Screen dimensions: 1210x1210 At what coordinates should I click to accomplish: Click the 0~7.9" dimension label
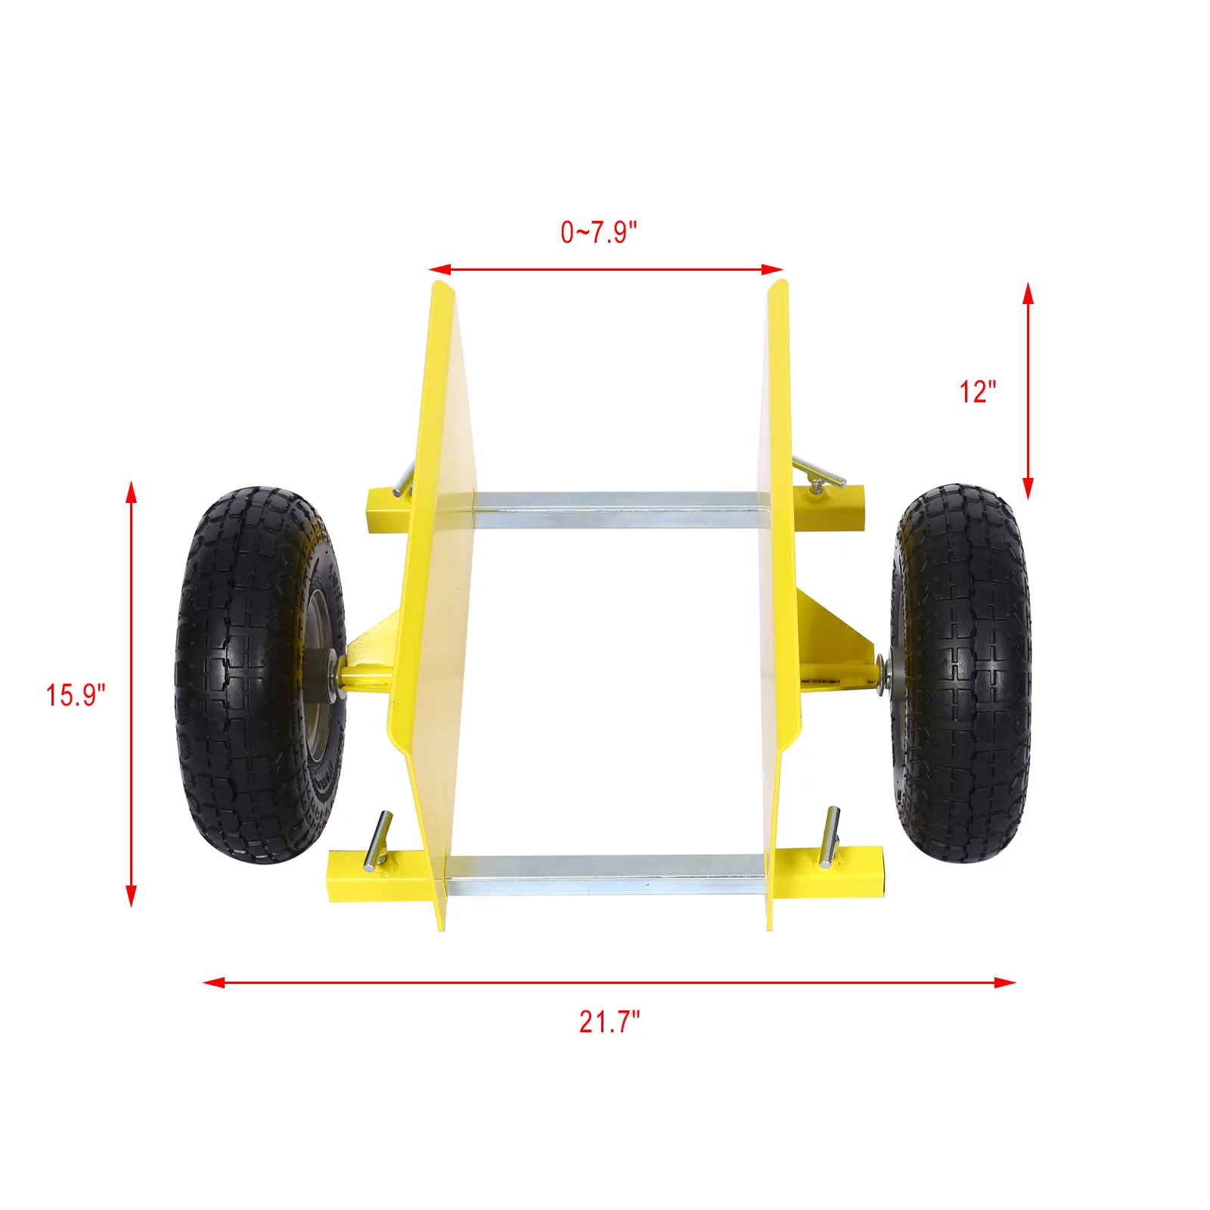[599, 232]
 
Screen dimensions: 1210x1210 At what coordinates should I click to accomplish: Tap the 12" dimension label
[978, 392]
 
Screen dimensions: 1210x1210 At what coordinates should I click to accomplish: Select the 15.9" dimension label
[76, 695]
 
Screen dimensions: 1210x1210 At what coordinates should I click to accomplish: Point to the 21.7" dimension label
[610, 1022]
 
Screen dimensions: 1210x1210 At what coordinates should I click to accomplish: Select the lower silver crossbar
[605, 876]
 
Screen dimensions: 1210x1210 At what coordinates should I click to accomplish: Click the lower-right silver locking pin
[831, 836]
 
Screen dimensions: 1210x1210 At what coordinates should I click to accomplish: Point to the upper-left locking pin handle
[404, 478]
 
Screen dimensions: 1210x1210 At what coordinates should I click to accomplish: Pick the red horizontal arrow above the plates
[606, 269]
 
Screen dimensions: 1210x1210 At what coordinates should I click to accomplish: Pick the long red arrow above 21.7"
[610, 982]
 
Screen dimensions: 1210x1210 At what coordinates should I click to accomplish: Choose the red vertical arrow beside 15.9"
[132, 693]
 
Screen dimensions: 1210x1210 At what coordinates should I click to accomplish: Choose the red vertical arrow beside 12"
[1028, 391]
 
